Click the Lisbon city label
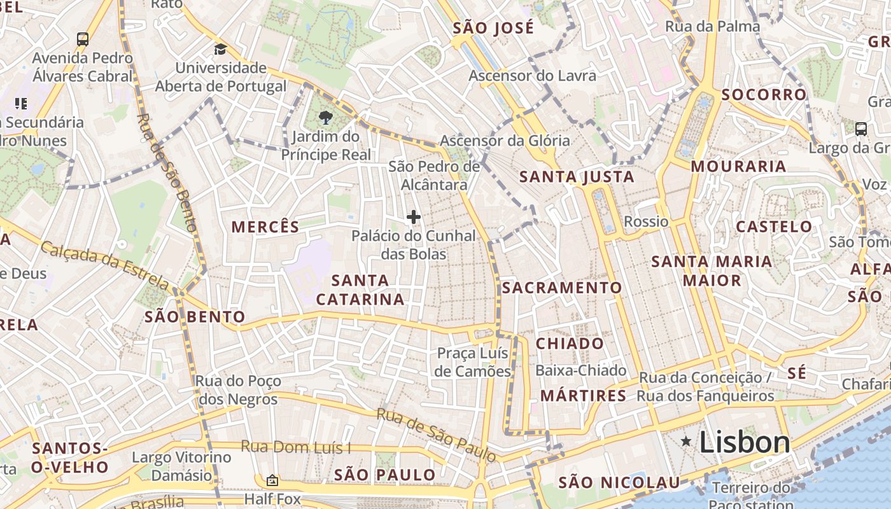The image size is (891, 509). [744, 442]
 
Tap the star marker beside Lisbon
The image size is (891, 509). [686, 441]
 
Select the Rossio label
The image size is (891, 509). [646, 221]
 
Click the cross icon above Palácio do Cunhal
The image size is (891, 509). [414, 217]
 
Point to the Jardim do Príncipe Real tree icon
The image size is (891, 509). [325, 118]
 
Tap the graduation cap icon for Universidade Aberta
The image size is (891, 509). [220, 50]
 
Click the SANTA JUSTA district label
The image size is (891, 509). [577, 177]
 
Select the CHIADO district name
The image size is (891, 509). [570, 344]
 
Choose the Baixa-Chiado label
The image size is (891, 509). [581, 370]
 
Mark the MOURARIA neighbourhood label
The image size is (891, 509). [738, 167]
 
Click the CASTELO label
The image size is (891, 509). [774, 227]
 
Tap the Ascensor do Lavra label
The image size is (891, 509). [533, 76]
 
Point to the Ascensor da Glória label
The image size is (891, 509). [505, 141]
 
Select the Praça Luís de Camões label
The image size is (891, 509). [473, 362]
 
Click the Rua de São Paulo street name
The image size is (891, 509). [436, 435]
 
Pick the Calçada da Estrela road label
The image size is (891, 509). [105, 264]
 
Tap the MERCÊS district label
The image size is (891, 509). [265, 227]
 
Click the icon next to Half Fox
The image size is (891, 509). [272, 480]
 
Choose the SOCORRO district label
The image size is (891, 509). [764, 95]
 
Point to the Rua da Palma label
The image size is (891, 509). [712, 26]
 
